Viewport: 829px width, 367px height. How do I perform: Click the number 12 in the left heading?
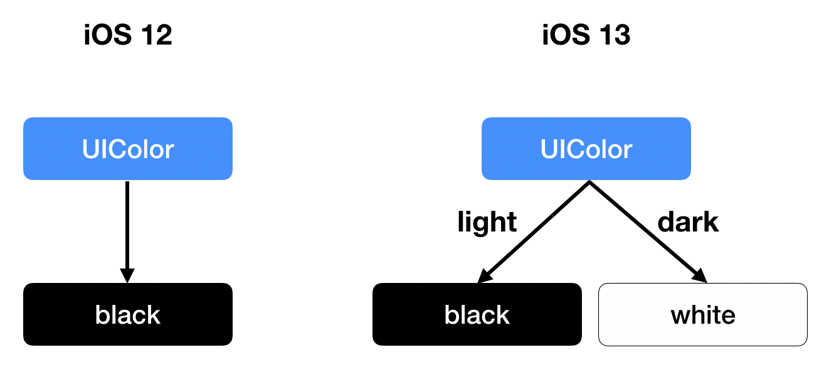154,36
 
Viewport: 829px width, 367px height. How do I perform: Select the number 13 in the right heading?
612,36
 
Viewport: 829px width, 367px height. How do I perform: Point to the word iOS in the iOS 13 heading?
564,36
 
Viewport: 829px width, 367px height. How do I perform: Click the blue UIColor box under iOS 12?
128,149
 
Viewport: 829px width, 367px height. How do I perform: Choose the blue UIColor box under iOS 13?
586,149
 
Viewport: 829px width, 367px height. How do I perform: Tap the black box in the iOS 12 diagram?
128,314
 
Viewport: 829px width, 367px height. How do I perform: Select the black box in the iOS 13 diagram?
477,314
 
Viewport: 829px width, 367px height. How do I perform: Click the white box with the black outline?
703,314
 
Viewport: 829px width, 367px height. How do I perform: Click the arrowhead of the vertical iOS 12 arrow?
127,275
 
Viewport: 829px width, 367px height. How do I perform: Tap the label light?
487,222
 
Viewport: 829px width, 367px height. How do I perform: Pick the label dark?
687,222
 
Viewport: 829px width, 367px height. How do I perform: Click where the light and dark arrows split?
588,183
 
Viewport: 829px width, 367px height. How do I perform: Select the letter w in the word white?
680,316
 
